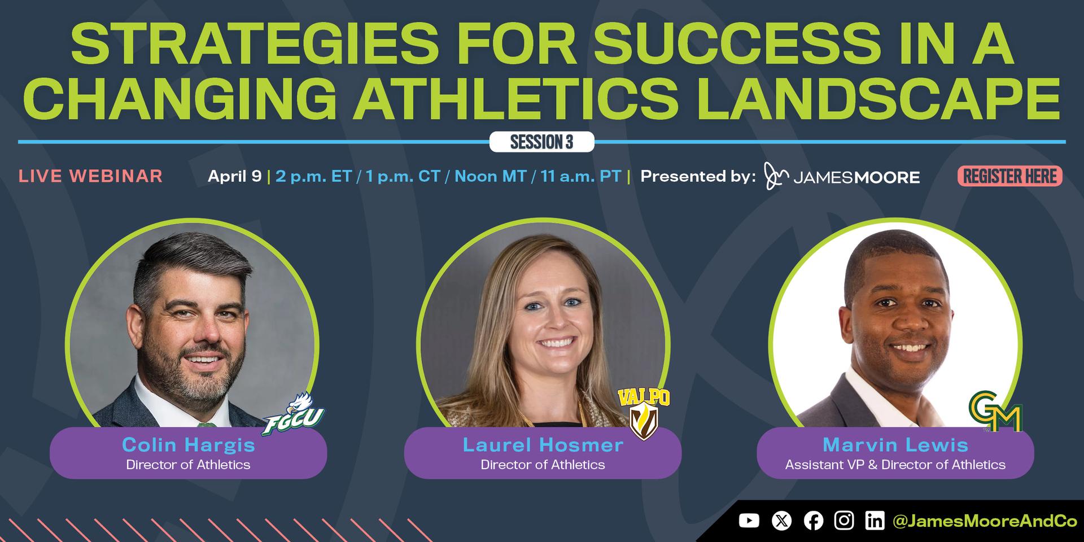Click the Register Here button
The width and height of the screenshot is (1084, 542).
[x=1009, y=177]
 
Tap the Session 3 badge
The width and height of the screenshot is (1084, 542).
[x=541, y=142]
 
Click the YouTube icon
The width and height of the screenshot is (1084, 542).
[x=749, y=521]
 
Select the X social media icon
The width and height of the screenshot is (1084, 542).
[x=781, y=521]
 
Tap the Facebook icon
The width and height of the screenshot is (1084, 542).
[x=813, y=521]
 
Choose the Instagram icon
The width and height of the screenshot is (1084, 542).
[x=844, y=521]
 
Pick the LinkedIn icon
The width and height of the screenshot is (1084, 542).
[x=875, y=521]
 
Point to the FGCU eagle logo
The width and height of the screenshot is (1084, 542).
[x=293, y=415]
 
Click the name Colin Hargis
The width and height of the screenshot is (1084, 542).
[x=189, y=445]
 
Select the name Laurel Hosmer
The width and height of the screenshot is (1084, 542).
[x=543, y=445]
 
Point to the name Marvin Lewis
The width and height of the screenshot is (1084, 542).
[x=895, y=445]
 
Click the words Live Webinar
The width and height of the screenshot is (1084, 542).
[x=90, y=176]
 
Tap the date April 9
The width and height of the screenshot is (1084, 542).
[x=234, y=177]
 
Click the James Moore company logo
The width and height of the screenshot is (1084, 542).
[x=842, y=176]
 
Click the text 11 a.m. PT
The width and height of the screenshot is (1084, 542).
[x=581, y=177]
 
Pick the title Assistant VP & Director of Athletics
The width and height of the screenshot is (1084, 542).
[x=895, y=465]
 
